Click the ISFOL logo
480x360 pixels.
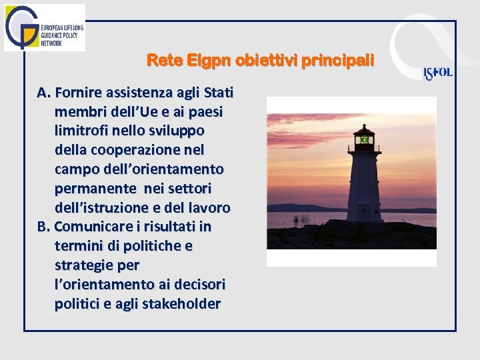[438, 73]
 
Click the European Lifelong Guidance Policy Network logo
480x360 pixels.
[44, 27]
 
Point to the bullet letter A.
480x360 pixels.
[43, 91]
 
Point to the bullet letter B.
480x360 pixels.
[43, 227]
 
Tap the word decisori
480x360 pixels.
[199, 285]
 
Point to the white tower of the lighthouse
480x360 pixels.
[364, 187]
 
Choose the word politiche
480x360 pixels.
[140, 246]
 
